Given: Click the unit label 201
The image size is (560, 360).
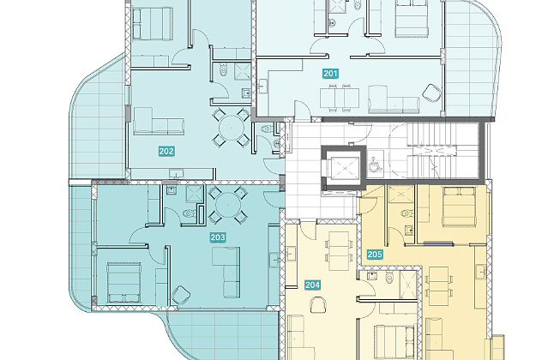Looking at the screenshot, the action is pyautogui.click(x=330, y=74).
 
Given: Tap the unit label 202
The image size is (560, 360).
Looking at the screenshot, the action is pyautogui.click(x=166, y=151).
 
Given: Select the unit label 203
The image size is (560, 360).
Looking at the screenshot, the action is pyautogui.click(x=218, y=237).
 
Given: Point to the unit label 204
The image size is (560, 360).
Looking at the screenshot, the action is pyautogui.click(x=312, y=285).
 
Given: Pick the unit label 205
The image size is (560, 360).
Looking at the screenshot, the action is pyautogui.click(x=375, y=255).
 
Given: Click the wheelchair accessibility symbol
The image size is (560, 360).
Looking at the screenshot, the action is pyautogui.click(x=375, y=165).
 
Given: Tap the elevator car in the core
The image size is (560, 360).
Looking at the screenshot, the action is pyautogui.click(x=345, y=168).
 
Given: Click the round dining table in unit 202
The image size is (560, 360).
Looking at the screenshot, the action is pyautogui.click(x=232, y=128).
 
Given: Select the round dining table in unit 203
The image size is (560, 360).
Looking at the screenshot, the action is pyautogui.click(x=228, y=205).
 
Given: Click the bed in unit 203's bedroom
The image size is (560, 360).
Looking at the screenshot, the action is pyautogui.click(x=124, y=283).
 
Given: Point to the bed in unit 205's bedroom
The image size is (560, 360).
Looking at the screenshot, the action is pyautogui.click(x=459, y=207).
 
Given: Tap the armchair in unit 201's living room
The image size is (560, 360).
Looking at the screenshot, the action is pyautogui.click(x=431, y=93).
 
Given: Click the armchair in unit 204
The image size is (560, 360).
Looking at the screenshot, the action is pyautogui.click(x=318, y=305).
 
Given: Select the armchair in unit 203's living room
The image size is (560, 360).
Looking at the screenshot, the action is pyautogui.click(x=181, y=295).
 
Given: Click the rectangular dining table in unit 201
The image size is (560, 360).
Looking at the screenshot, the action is pyautogui.click(x=340, y=98).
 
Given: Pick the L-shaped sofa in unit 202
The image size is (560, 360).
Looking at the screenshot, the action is pyautogui.click(x=159, y=122).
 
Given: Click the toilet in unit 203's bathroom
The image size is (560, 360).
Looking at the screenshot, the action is pyautogui.click(x=189, y=213).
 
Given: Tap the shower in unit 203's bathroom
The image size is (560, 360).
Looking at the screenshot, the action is pyautogui.click(x=195, y=194).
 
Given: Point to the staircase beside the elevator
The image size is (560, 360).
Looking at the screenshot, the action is pyautogui.click(x=443, y=150).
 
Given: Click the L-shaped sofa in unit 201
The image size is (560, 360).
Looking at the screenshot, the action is pyautogui.click(x=394, y=99).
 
